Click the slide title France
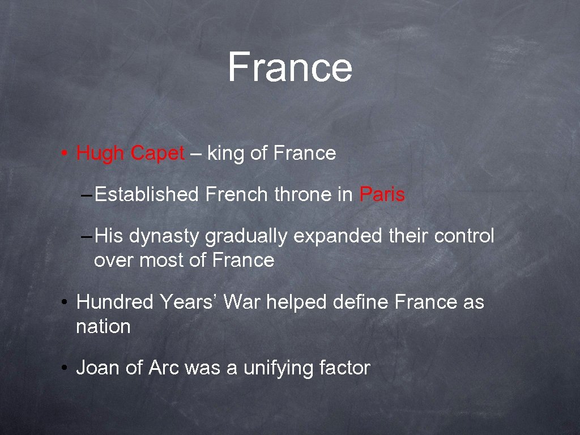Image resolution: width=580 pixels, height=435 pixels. coord(290,67)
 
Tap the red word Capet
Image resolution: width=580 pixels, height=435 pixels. coord(157,153)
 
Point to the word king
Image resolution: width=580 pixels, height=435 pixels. coord(226,153)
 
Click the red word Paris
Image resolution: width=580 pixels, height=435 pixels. coord(382,195)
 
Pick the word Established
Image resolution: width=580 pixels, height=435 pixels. coord(147,195)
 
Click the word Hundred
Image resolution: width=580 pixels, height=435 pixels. coord(115,302)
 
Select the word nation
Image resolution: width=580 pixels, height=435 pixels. coord(103,326)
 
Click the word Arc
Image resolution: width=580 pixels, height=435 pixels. coord(164,368)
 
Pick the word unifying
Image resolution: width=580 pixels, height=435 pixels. coord(278,369)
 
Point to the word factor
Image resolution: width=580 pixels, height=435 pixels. coord(344,368)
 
